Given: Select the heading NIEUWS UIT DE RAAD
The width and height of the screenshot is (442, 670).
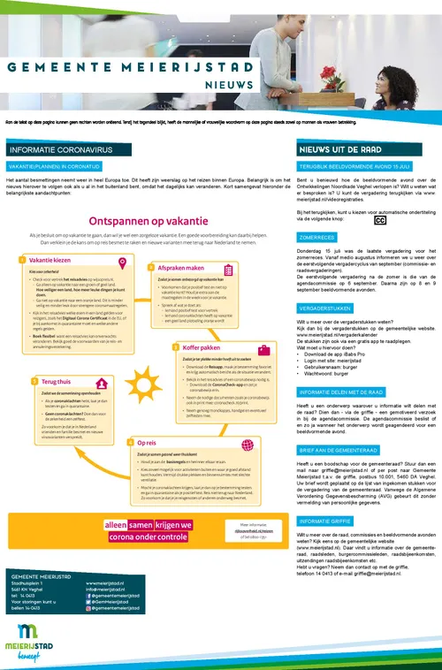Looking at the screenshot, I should click(x=333, y=151).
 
